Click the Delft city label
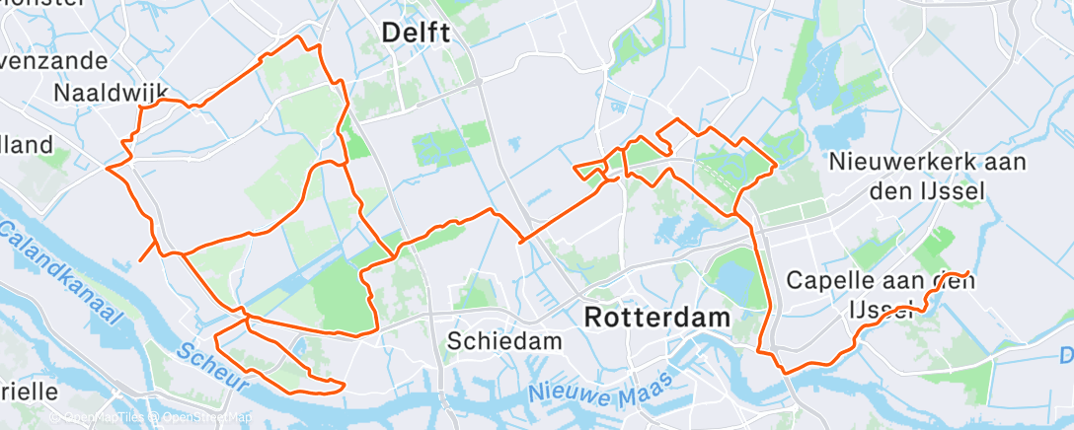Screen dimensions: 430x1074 [416, 34]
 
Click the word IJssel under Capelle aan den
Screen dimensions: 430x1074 [881, 311]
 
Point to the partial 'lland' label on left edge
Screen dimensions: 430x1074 [27, 145]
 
